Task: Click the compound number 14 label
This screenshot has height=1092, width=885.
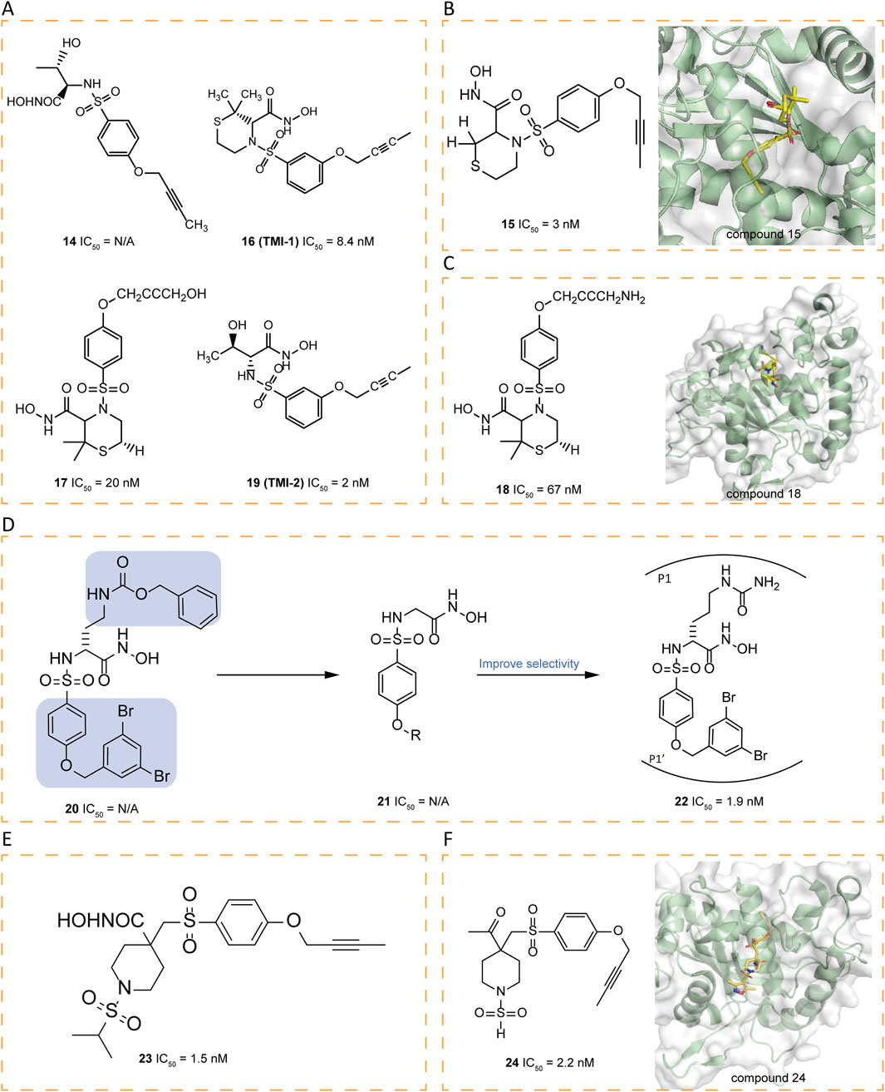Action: click(69, 242)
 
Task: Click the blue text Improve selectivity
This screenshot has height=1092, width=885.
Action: click(529, 664)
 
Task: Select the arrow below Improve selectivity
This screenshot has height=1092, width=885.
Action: click(538, 675)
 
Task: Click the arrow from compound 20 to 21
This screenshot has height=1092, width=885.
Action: click(278, 675)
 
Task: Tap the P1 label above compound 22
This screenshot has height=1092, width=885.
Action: click(664, 578)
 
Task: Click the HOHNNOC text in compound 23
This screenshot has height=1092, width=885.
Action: click(101, 921)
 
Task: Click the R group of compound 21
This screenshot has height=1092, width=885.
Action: click(415, 735)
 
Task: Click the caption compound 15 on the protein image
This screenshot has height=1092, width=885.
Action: click(763, 235)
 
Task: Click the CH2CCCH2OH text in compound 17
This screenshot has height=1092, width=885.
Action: click(160, 294)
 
